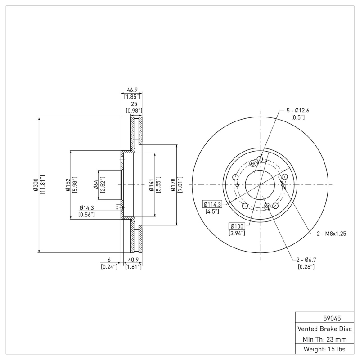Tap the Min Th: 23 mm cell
[x=324, y=338]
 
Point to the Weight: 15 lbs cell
[x=324, y=349]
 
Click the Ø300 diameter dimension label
[x=36, y=184]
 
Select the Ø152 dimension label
[x=67, y=184]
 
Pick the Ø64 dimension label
[x=96, y=184]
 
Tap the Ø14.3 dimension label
[x=87, y=207]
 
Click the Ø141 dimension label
[x=152, y=184]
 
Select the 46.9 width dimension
[x=132, y=90]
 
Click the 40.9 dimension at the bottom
[x=133, y=260]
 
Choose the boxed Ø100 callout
[x=236, y=225]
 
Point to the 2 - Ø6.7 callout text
[x=306, y=260]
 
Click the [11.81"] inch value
[x=43, y=184]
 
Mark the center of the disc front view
[x=260, y=184]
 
